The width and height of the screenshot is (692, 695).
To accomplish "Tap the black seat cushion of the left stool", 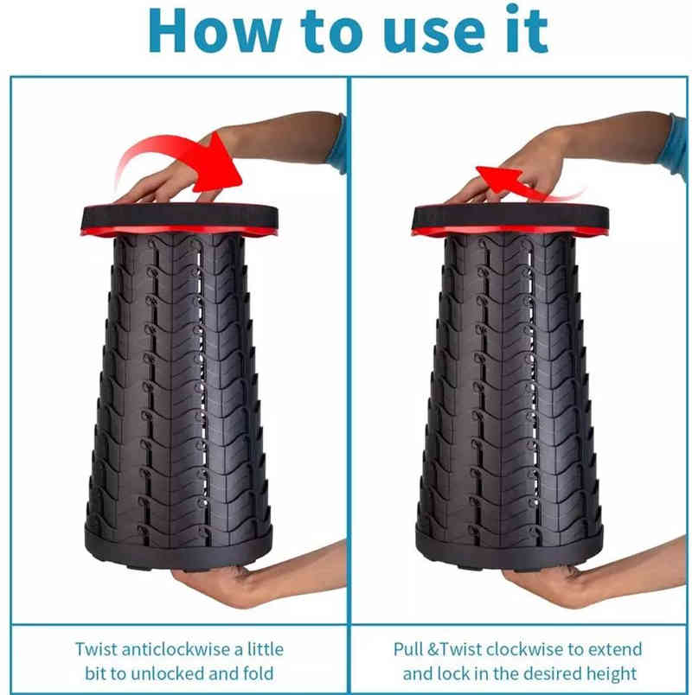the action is tap(180, 216).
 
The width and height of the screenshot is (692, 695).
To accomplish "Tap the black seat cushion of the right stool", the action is tap(510, 216).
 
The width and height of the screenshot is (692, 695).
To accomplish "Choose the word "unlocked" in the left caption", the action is tap(166, 673).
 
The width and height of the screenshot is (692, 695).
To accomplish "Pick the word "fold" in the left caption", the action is tap(258, 673).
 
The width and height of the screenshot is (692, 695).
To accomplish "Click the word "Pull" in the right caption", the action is tap(408, 649).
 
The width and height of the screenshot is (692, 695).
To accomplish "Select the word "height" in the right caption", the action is tap(612, 674).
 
